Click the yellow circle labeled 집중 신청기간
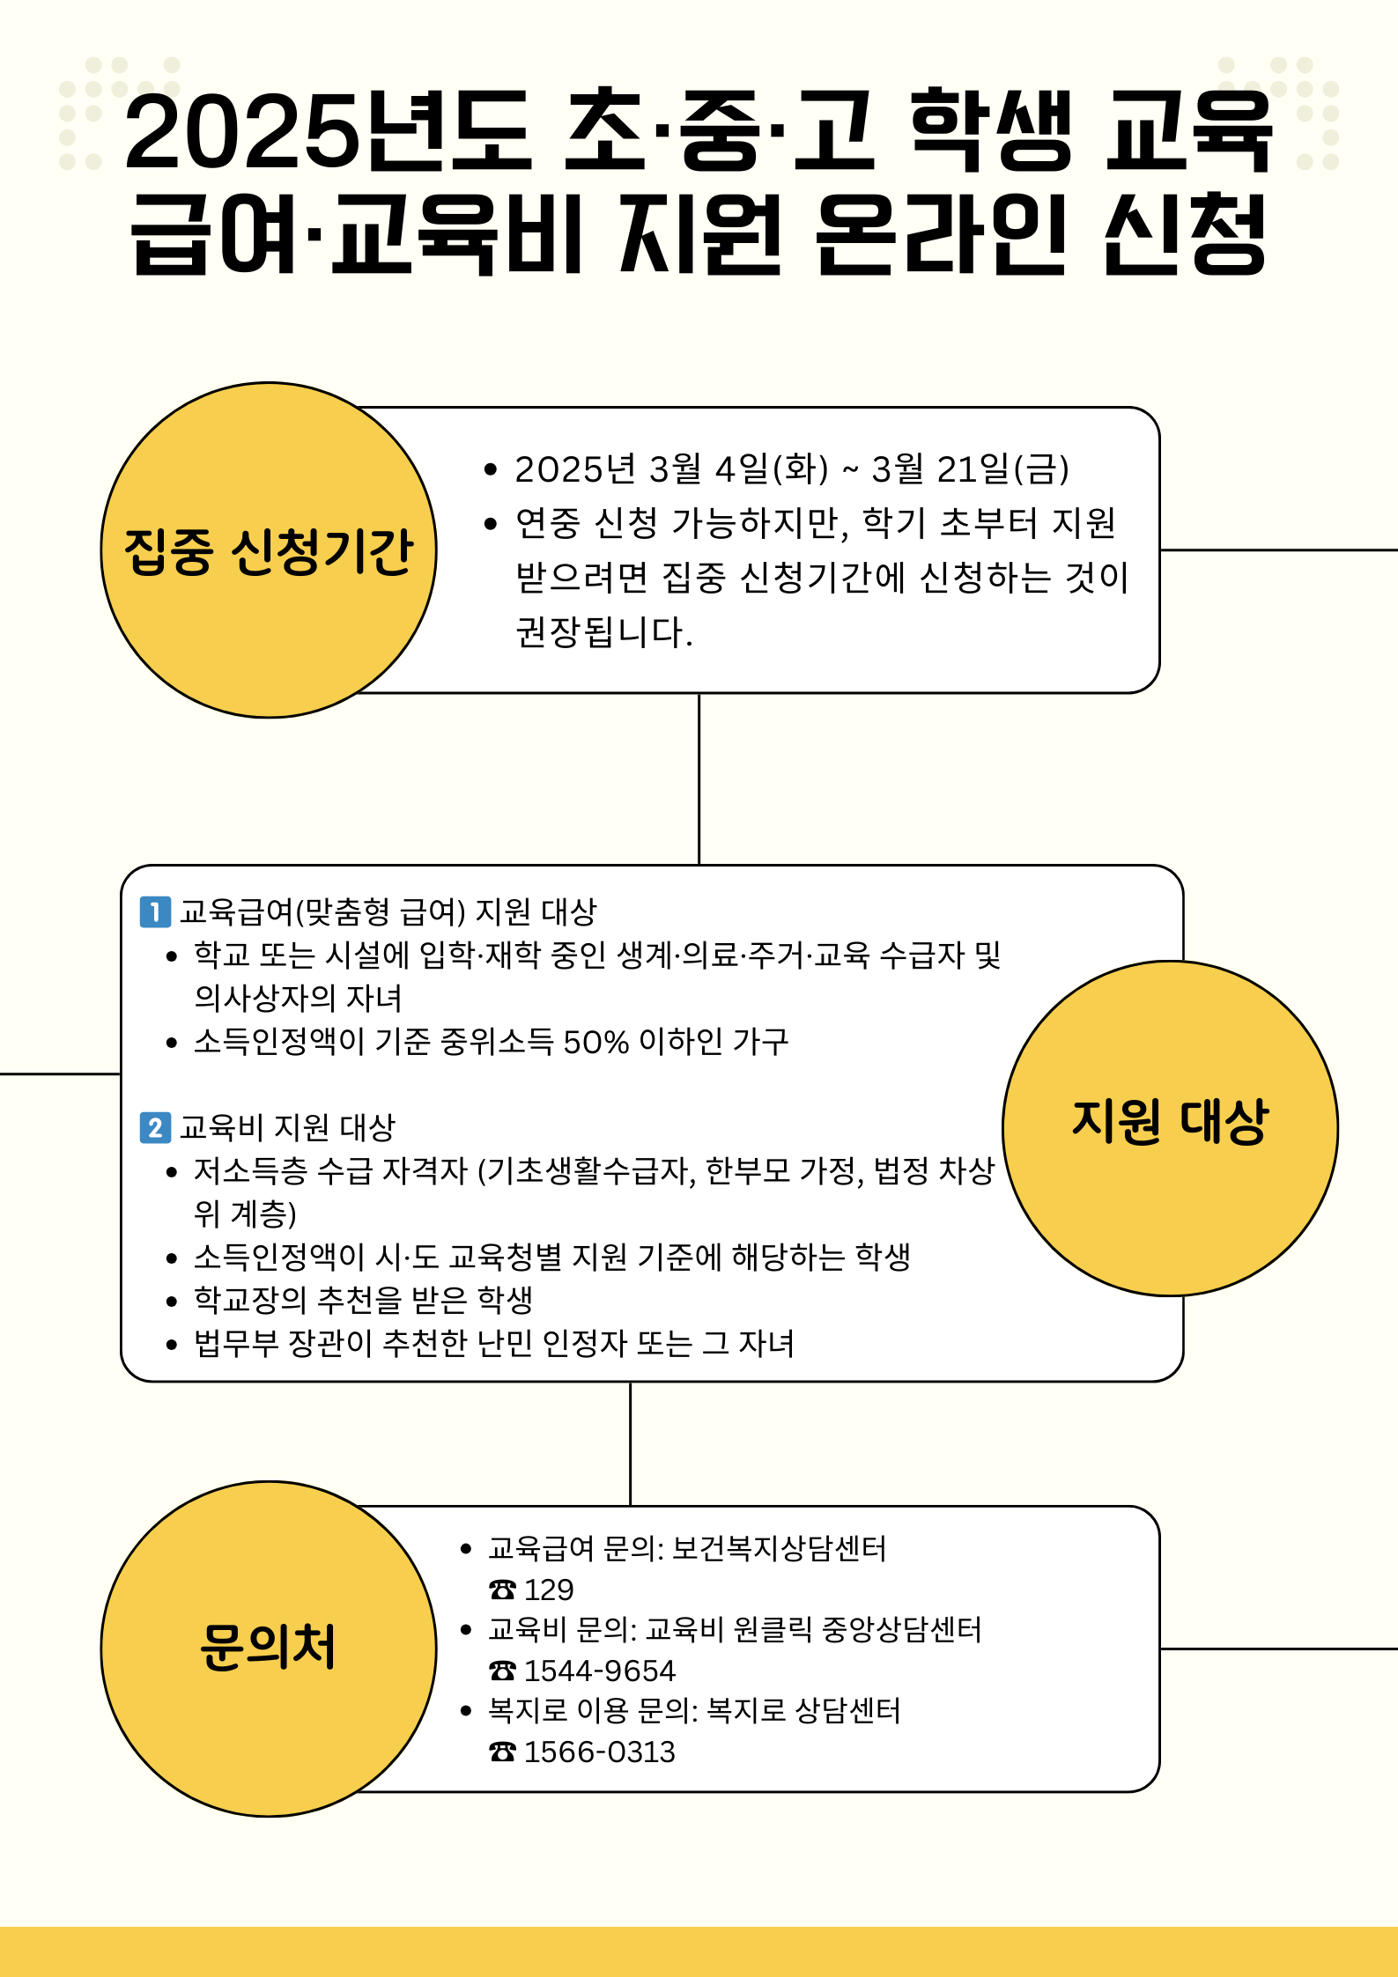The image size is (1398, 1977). coord(269,550)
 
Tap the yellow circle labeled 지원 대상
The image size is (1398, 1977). coord(1170,1127)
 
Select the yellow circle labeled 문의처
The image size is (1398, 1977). coord(269,1649)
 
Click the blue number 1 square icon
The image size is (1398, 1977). coord(155,911)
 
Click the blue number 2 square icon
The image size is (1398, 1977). coord(155,1127)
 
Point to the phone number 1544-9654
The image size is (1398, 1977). coord(599,1671)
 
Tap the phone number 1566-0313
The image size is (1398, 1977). coord(599,1752)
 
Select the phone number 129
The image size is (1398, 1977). coord(549,1590)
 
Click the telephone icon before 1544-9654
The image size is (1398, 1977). coord(502,1671)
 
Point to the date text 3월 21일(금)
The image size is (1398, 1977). coord(970,469)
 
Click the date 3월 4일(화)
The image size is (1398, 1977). coord(738,469)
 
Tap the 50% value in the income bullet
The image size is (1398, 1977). coord(595,1042)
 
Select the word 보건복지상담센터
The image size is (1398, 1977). coord(779,1548)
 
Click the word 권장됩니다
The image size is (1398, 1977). coord(603,631)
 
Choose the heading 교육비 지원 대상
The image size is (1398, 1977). coord(287,1127)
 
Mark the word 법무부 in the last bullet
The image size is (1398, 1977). coord(236,1344)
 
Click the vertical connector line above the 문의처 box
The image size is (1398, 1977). coord(631,1444)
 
